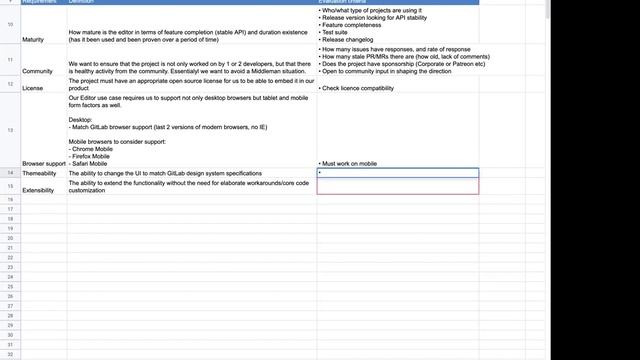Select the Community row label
pos(37,71)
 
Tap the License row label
pos(33,88)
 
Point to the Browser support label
pos(43,162)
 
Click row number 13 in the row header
pos(9,131)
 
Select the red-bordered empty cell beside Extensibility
pos(398,186)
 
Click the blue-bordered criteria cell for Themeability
pos(398,173)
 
